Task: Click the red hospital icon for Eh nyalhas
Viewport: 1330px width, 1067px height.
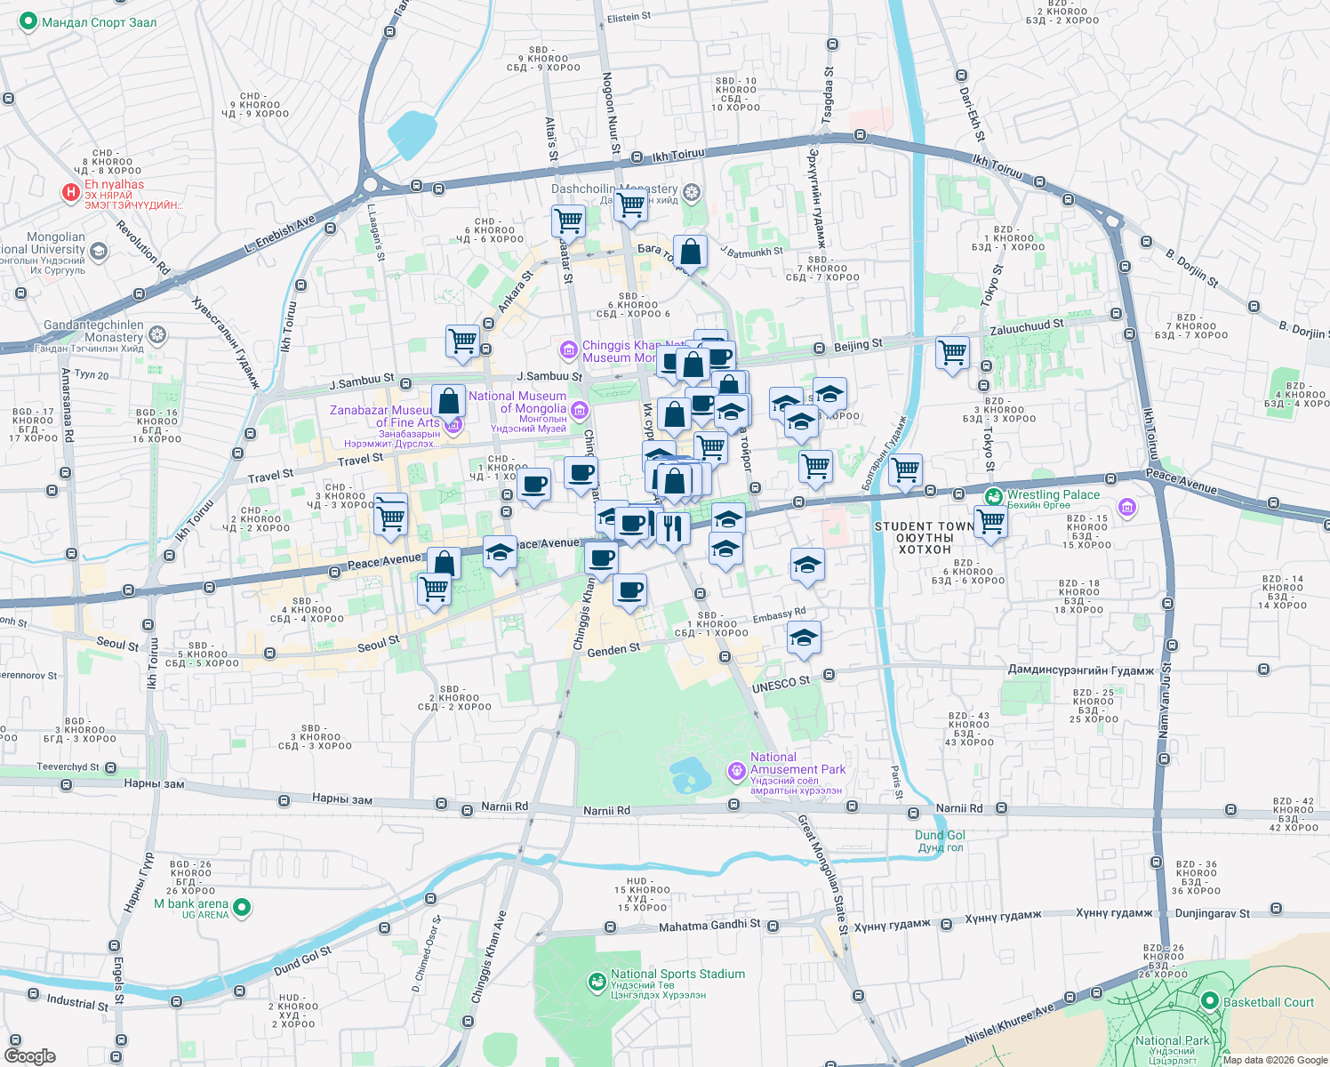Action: pos(70,192)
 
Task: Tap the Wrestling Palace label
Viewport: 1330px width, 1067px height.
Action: pos(1053,495)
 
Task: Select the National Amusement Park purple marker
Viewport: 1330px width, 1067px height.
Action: pos(736,771)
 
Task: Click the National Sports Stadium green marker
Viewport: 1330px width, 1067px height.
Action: pos(597,982)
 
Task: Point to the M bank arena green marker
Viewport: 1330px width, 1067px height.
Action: pos(241,908)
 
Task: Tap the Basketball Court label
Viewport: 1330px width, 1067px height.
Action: pos(1268,1002)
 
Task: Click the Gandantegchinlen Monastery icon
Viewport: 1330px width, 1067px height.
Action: pos(157,334)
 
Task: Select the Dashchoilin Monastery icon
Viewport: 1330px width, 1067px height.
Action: pos(692,192)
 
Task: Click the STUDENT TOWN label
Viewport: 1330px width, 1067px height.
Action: pos(925,526)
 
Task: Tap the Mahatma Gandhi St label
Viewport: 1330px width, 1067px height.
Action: pos(709,926)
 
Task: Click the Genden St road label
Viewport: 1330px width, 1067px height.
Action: pos(613,650)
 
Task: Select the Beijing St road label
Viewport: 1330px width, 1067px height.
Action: pos(858,344)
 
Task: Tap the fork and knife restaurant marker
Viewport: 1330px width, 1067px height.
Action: pos(673,528)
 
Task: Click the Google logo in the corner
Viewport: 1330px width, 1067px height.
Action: pos(29,1055)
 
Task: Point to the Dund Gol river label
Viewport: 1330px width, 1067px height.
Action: pos(940,836)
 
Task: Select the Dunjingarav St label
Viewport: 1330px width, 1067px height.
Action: pos(1212,913)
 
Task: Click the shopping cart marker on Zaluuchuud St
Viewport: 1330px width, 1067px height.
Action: pos(952,352)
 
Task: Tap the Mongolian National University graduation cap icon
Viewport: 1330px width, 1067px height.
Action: pos(99,252)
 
